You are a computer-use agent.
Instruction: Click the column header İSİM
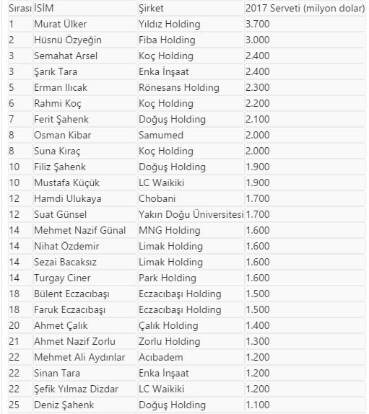tap(44, 8)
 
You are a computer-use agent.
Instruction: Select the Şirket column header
tap(151, 8)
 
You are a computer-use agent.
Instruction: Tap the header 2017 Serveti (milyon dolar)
tap(305, 8)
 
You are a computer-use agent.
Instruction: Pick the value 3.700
tap(259, 24)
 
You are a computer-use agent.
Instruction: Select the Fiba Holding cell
tap(167, 40)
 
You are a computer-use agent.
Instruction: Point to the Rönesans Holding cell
tap(178, 87)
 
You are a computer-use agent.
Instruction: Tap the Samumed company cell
tap(161, 135)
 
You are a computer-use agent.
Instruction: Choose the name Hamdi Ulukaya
tap(68, 198)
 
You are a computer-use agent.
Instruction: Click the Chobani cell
tap(157, 198)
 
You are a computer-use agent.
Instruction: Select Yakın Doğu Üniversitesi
tap(191, 214)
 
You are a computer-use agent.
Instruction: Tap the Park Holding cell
tap(167, 278)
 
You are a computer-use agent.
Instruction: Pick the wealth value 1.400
tap(259, 325)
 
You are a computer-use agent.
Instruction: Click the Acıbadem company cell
tap(161, 357)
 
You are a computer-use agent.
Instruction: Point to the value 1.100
tap(259, 405)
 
